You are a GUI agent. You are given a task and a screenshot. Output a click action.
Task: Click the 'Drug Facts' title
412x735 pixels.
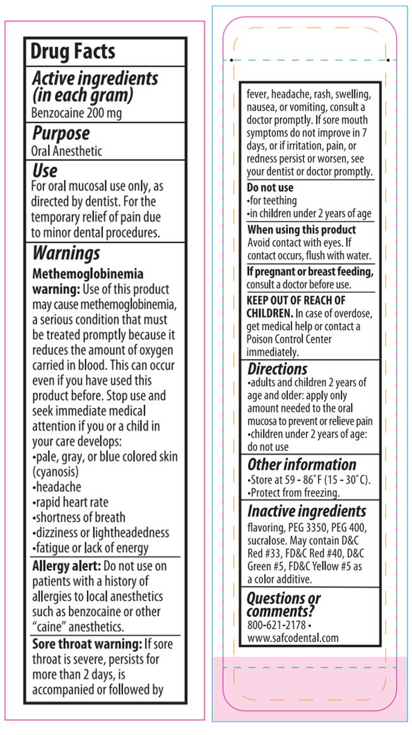pos(73,52)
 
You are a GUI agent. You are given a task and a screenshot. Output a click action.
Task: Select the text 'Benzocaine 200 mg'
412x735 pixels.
pos(76,114)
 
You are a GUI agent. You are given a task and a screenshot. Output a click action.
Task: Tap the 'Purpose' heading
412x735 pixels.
pos(61,133)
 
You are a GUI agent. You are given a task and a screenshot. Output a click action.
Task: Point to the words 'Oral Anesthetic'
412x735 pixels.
pos(66,152)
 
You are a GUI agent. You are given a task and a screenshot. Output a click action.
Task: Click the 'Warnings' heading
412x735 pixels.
pos(66,253)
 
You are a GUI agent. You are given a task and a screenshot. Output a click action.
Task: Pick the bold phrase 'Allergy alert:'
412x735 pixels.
pos(66,566)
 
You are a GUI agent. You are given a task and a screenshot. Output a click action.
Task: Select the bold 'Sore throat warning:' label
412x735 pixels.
pos(85,644)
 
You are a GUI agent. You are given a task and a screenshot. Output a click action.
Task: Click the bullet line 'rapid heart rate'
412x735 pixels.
pos(71,502)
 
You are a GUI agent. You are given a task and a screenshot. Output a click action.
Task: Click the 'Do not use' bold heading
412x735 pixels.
pos(270,188)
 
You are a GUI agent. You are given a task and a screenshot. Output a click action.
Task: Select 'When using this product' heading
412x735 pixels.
pos(302,230)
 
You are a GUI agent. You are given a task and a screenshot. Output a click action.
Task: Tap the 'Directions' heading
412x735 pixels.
pos(277,369)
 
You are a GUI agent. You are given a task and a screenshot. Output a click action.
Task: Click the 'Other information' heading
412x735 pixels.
pos(302,464)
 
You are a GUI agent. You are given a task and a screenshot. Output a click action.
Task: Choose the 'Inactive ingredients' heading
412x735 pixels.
pos(307,511)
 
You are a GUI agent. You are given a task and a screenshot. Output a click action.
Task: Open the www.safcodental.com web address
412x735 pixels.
pos(293,638)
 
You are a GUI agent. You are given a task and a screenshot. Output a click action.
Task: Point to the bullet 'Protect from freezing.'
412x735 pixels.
pos(293,493)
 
